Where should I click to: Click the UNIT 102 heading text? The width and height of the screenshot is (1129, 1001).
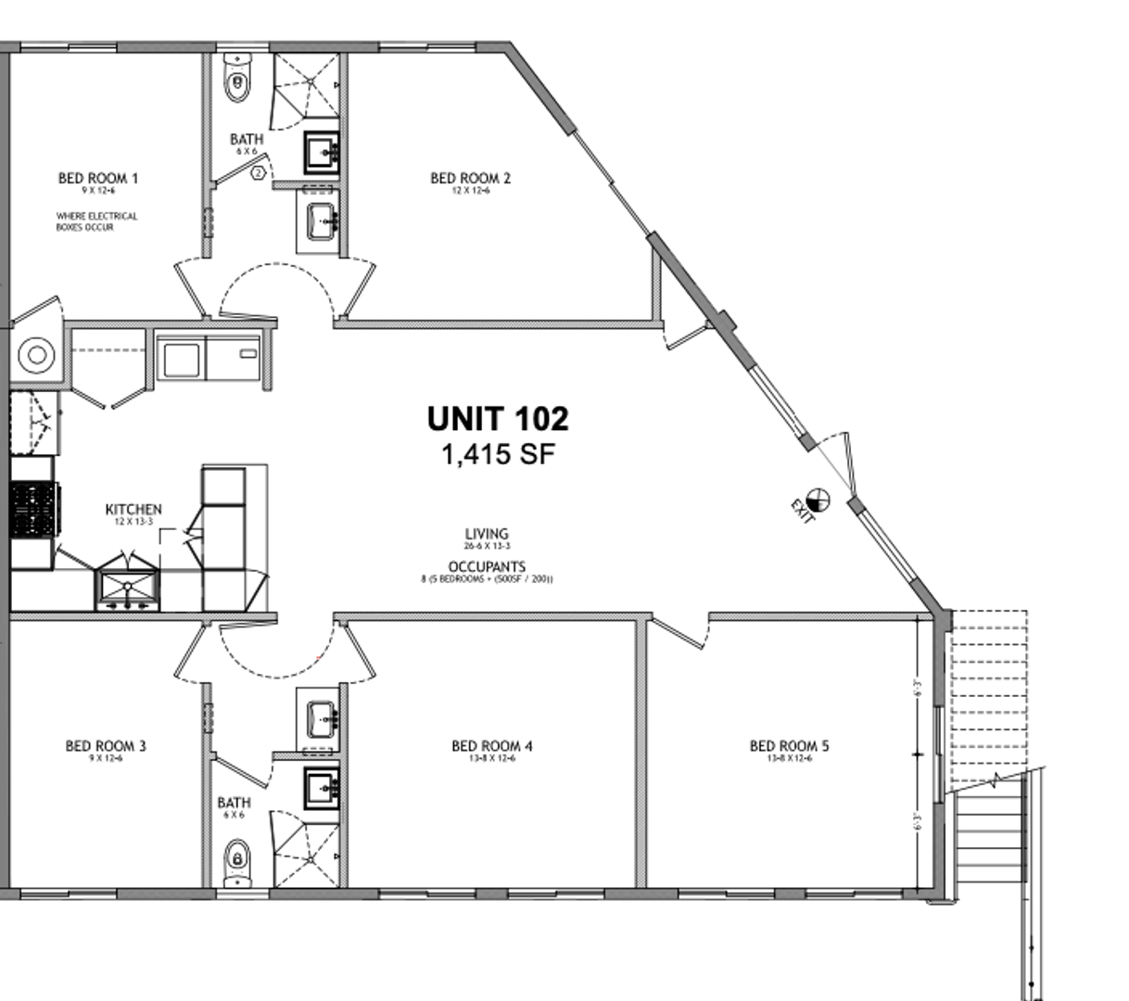pyautogui.click(x=498, y=419)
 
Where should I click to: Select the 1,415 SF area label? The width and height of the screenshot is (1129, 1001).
pyautogui.click(x=498, y=454)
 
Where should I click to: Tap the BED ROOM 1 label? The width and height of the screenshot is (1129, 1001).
pyautogui.click(x=98, y=178)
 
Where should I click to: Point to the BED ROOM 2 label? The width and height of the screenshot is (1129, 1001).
pyautogui.click(x=471, y=178)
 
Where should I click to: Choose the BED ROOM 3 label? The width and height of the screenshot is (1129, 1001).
pyautogui.click(x=106, y=745)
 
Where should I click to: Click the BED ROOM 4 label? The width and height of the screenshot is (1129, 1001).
pyautogui.click(x=492, y=745)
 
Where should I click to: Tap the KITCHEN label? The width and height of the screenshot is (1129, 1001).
pyautogui.click(x=133, y=509)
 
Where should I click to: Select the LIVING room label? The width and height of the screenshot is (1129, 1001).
pyautogui.click(x=487, y=534)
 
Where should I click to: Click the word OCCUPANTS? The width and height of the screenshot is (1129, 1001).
pyautogui.click(x=487, y=566)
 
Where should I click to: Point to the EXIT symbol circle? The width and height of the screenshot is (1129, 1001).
pyautogui.click(x=818, y=500)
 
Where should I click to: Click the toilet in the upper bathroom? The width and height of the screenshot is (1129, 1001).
pyautogui.click(x=238, y=82)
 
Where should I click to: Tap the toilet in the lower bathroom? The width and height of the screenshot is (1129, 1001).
pyautogui.click(x=238, y=859)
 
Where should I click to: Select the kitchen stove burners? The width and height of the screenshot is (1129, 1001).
pyautogui.click(x=34, y=510)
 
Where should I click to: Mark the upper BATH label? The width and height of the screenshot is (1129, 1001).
pyautogui.click(x=247, y=139)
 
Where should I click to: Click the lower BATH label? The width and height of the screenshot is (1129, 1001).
pyautogui.click(x=234, y=803)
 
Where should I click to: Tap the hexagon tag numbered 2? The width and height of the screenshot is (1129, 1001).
pyautogui.click(x=259, y=172)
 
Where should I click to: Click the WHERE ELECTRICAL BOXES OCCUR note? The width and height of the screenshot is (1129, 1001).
pyautogui.click(x=96, y=222)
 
